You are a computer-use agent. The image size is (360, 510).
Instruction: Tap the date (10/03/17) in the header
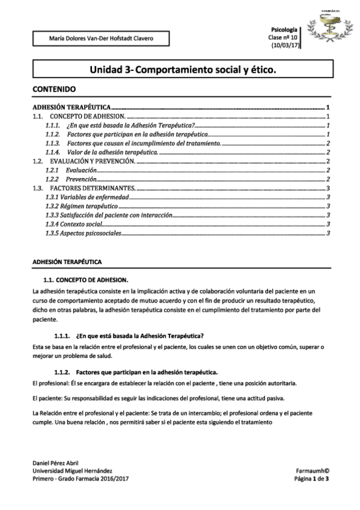[285, 45]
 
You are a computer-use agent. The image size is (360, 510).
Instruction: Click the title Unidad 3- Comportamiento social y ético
[183, 70]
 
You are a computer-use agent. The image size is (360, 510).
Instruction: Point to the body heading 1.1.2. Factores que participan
[135, 372]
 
